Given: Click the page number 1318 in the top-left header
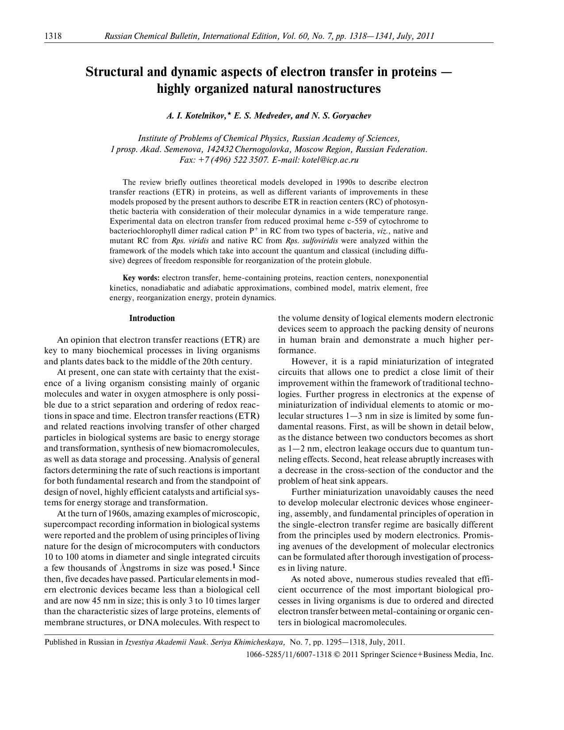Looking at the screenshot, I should [53, 36].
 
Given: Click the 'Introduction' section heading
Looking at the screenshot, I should [152, 318].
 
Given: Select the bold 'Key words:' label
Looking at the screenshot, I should [141, 278].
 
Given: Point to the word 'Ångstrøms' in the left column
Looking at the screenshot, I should [141, 568].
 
